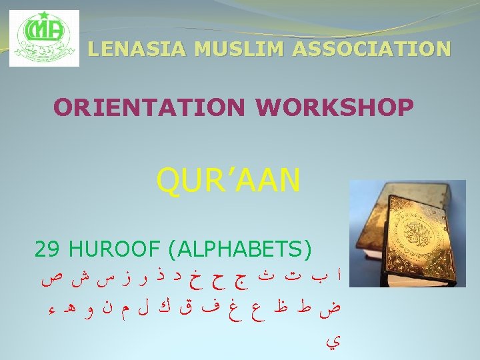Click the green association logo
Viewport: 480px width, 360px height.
coord(44,39)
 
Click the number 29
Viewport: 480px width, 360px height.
coord(47,250)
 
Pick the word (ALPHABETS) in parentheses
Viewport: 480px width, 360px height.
coord(240,250)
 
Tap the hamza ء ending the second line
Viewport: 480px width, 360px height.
coord(52,310)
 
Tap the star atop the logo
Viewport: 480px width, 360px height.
coord(44,15)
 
